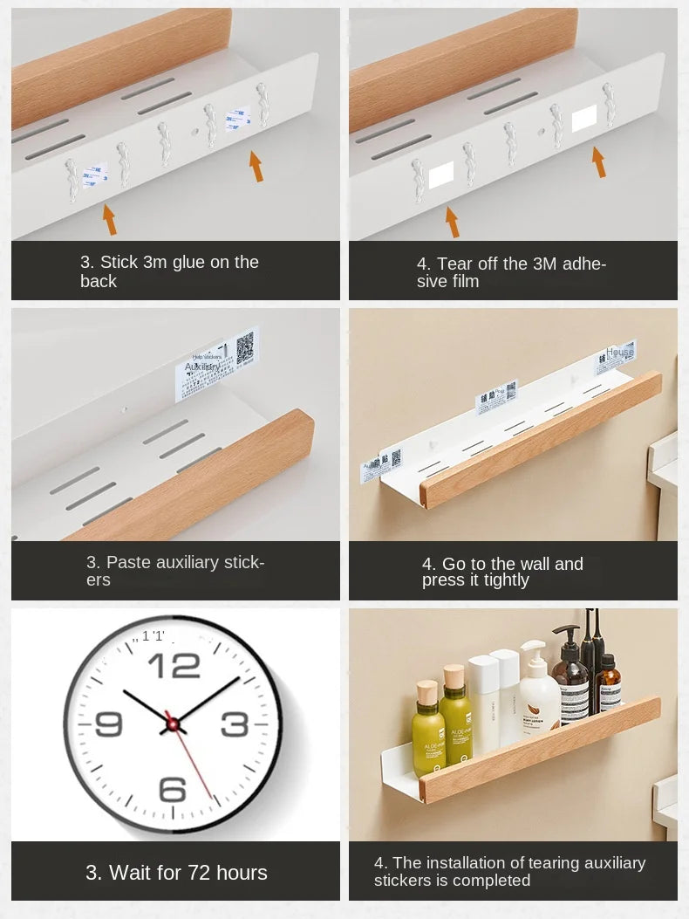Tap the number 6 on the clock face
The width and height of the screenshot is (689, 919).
point(173,789)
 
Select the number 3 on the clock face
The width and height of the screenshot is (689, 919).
point(235,724)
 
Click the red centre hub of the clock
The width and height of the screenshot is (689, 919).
point(172,724)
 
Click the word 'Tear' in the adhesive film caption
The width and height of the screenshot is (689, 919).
point(454,264)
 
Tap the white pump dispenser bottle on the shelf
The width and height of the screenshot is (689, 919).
point(539,689)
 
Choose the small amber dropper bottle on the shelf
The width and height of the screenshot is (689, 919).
point(610,682)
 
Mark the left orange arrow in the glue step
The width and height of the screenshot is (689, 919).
point(109,219)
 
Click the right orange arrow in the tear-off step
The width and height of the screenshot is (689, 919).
point(598,162)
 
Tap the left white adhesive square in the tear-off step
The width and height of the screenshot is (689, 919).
point(441,175)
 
